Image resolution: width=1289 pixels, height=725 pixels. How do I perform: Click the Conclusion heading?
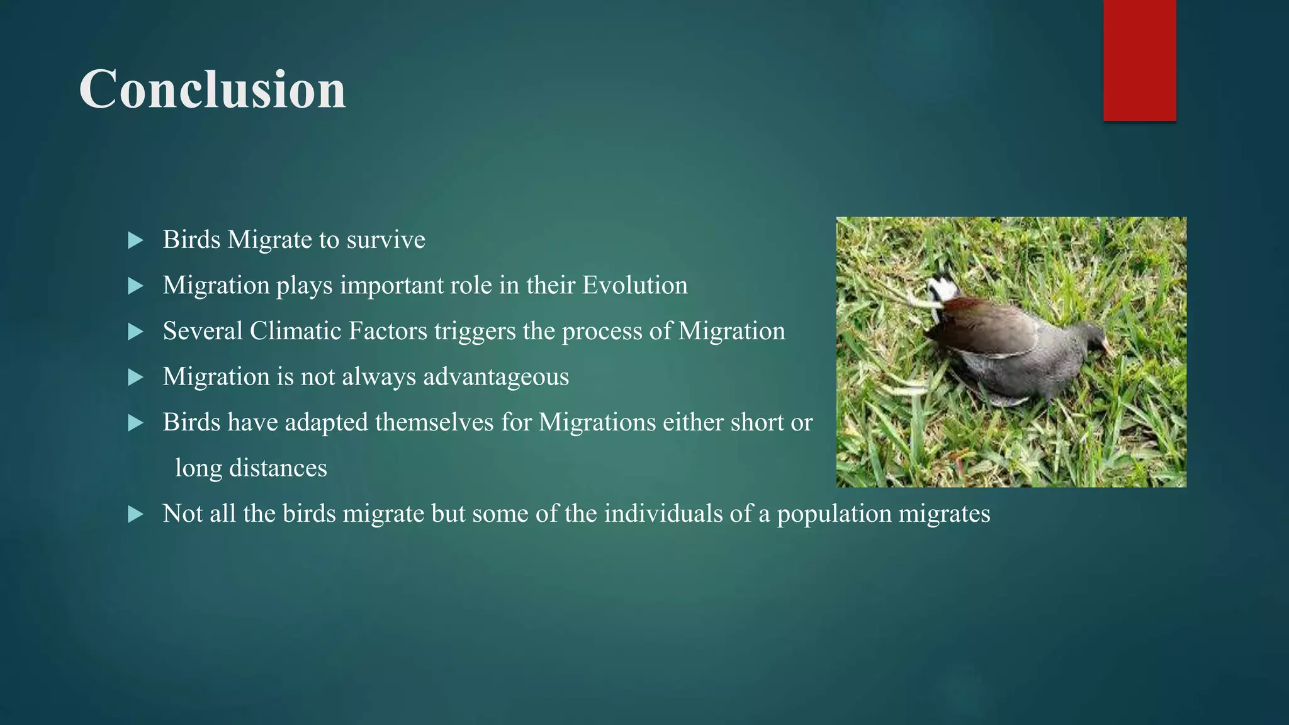click(x=212, y=89)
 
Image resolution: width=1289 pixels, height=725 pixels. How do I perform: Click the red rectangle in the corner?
click(x=1139, y=60)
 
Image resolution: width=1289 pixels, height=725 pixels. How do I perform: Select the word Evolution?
click(x=634, y=286)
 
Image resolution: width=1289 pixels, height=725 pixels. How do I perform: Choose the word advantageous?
click(x=496, y=377)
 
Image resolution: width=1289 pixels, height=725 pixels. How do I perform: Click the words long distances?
click(x=250, y=468)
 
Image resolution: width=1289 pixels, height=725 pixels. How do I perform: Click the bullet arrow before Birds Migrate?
click(x=135, y=240)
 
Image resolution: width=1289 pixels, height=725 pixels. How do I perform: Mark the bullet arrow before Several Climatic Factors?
click(x=135, y=332)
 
